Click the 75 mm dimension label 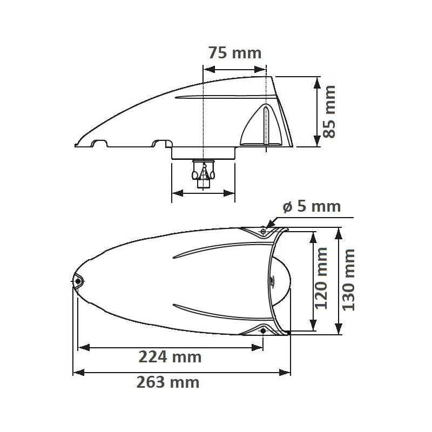tap(234, 53)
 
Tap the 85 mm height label tap(329, 112)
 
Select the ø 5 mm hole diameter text tap(312, 206)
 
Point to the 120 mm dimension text tap(322, 278)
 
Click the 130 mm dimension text tap(349, 279)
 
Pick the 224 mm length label tap(170, 357)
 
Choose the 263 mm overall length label tap(168, 382)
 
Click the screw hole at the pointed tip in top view tap(78, 281)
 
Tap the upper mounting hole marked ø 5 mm tap(263, 232)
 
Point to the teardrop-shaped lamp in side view tap(262, 125)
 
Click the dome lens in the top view tap(281, 281)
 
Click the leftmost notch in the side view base tap(100, 143)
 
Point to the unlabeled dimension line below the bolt tap(203, 192)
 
